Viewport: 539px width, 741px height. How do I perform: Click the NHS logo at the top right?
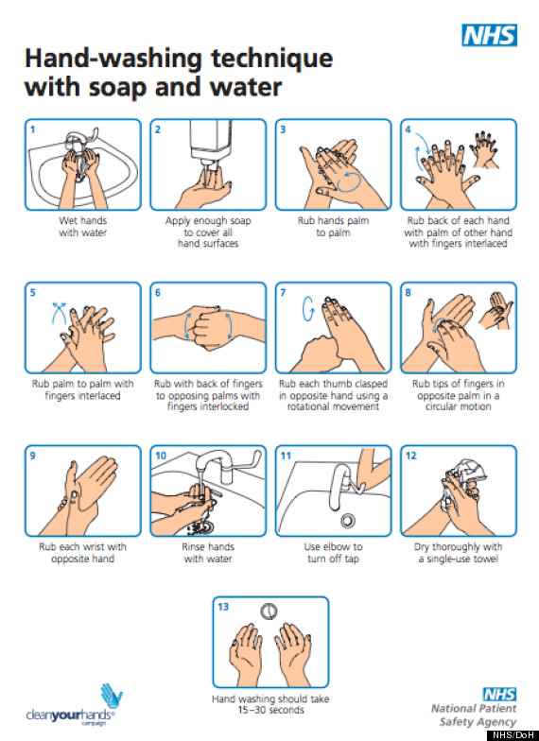coord(490,35)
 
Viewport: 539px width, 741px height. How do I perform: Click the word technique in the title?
coord(272,59)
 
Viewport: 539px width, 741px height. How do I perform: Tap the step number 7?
coord(283,293)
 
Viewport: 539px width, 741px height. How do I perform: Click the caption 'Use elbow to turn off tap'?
coord(333,552)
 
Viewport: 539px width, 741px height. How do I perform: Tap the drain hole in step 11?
coord(348,520)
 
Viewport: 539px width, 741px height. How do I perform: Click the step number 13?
coord(223,607)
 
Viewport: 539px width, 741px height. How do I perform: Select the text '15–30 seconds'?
coord(270,710)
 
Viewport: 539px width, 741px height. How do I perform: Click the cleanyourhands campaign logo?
coord(75,705)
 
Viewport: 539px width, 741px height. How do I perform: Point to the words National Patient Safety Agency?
coord(474,715)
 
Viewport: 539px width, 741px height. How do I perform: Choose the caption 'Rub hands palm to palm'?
coord(333,227)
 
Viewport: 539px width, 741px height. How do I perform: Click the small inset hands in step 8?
coord(496,310)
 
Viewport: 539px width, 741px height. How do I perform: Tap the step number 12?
coord(410,456)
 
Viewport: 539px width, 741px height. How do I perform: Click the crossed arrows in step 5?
coord(59,312)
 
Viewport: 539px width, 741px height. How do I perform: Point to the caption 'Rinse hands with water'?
coord(208,552)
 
